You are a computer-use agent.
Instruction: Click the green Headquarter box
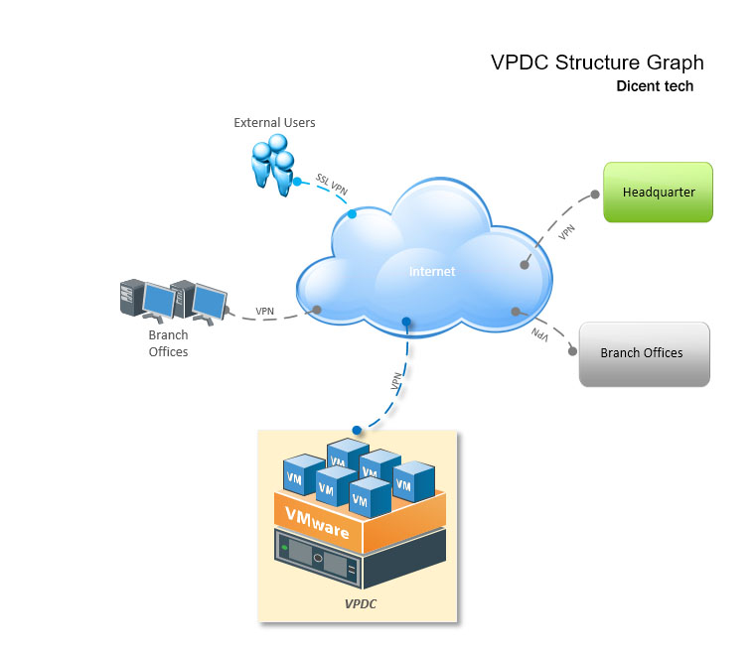pyautogui.click(x=658, y=193)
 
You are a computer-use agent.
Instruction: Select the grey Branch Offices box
pyautogui.click(x=645, y=354)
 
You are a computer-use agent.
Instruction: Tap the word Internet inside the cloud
pyautogui.click(x=432, y=272)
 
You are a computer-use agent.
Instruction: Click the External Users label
pyautogui.click(x=274, y=122)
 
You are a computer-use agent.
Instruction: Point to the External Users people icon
pyautogui.click(x=273, y=165)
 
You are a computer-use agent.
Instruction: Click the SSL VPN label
pyautogui.click(x=332, y=184)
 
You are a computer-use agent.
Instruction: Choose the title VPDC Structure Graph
pyautogui.click(x=597, y=63)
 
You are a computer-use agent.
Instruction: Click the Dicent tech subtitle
pyautogui.click(x=655, y=86)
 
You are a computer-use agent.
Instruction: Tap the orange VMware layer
pyautogui.click(x=360, y=522)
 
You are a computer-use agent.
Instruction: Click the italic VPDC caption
pyautogui.click(x=361, y=604)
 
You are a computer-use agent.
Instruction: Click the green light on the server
pyautogui.click(x=285, y=547)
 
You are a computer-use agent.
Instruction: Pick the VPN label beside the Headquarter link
pyautogui.click(x=566, y=232)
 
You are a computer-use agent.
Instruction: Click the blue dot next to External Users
pyautogui.click(x=297, y=182)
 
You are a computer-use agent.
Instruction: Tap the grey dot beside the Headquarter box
pyautogui.click(x=595, y=195)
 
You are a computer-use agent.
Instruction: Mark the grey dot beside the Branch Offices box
pyautogui.click(x=572, y=351)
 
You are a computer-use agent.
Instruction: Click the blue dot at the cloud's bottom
pyautogui.click(x=406, y=322)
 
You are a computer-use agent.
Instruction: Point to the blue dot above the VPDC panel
pyautogui.click(x=357, y=430)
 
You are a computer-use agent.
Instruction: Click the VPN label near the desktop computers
pyautogui.click(x=264, y=312)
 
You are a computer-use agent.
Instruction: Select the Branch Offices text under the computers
pyautogui.click(x=168, y=343)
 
